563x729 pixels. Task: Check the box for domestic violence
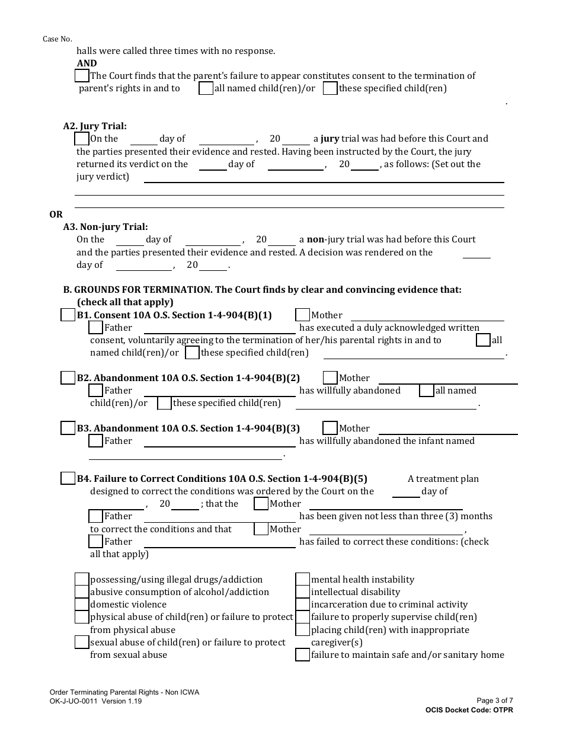click(x=82, y=605)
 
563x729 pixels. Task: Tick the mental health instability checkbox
click(x=302, y=580)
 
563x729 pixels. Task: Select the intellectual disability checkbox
click(x=302, y=592)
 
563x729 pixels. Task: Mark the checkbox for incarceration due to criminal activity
click(x=302, y=605)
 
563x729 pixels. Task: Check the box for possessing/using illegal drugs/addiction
click(x=82, y=580)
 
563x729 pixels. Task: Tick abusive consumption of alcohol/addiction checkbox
click(x=82, y=592)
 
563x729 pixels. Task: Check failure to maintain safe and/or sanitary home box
click(x=302, y=655)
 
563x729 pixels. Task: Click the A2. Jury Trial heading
click(x=95, y=126)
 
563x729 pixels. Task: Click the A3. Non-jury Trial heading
click(x=105, y=226)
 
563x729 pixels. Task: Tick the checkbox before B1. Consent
click(x=68, y=315)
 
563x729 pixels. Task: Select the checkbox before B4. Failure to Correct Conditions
click(x=68, y=478)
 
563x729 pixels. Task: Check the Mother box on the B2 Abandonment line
click(x=330, y=378)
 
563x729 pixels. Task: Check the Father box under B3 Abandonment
click(x=95, y=441)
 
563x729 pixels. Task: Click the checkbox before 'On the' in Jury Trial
click(x=82, y=139)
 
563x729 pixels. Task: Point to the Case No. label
click(x=57, y=39)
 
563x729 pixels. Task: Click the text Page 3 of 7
click(x=494, y=701)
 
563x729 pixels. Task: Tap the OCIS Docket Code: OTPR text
click(x=469, y=710)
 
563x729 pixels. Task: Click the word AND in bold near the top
click(x=87, y=63)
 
